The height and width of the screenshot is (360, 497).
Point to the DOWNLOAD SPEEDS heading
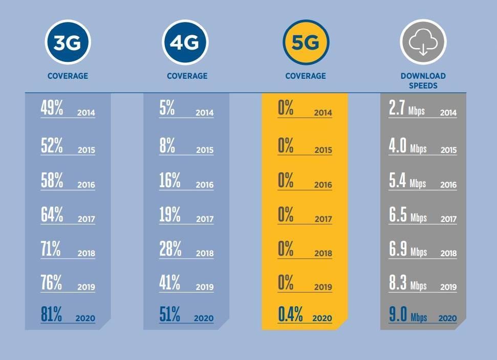point(423,81)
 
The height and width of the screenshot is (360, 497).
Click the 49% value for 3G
point(52,108)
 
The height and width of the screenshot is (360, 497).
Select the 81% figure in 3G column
point(52,314)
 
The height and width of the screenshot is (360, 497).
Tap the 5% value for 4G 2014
point(167,108)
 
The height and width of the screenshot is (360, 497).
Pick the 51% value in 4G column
point(170,314)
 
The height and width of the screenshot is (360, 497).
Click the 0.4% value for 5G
point(290,314)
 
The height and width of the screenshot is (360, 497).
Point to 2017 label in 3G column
point(86,219)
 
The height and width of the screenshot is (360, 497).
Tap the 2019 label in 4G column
point(204,287)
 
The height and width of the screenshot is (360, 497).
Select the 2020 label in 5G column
point(322,318)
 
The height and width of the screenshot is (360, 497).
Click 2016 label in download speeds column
point(448,185)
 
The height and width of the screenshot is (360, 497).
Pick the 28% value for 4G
point(170,249)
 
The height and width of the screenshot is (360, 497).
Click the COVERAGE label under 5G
point(306,76)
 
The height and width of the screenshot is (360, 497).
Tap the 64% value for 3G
point(52,215)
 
